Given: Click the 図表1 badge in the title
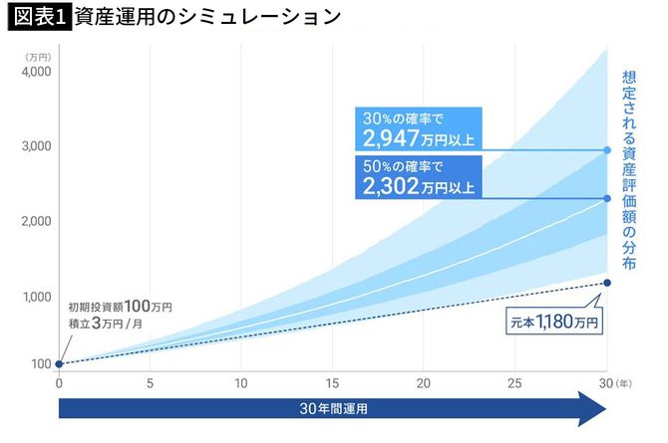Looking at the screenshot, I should pos(36,17).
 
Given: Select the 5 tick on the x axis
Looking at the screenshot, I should pos(150,382).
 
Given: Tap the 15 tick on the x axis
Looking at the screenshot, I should pos(332,382).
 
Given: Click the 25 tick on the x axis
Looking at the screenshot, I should pos(515,382).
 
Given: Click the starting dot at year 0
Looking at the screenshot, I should pos(59,363).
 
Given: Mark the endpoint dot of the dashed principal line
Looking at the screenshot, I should pos(607,284).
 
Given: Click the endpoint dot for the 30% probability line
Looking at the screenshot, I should pos(607,150).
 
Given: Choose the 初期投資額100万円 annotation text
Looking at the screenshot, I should pos(120,308).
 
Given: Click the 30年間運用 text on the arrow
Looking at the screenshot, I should pos(332,407).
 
